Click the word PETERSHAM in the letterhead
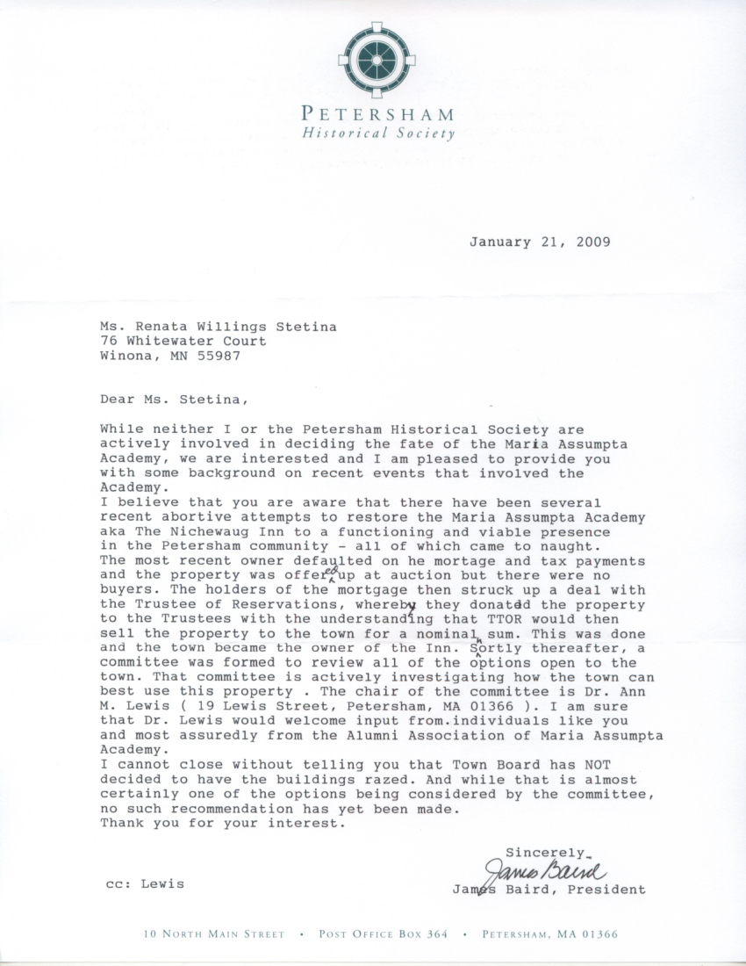click(x=377, y=114)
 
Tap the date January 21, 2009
click(x=539, y=241)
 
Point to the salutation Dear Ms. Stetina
click(x=174, y=399)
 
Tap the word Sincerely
click(x=544, y=852)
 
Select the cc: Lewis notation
click(x=144, y=883)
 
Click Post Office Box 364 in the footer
click(x=384, y=934)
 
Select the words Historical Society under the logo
click(x=378, y=133)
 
